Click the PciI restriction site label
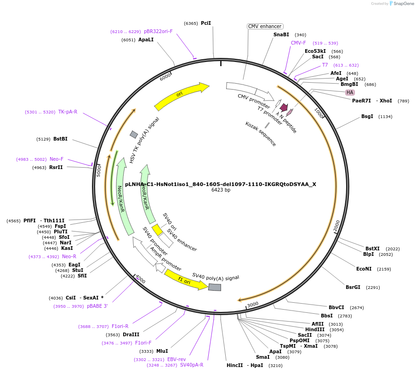206,23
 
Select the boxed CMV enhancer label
265,26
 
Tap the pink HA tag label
350,92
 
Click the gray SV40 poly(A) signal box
215,287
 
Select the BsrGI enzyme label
353,287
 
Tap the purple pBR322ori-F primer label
158,31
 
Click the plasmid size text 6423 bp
221,190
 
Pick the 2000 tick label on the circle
337,226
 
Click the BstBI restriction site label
60,139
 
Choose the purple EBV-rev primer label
177,359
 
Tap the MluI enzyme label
162,351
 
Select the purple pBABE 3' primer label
97,306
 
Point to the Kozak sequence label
261,134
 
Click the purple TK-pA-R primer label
68,112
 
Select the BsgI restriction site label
367,116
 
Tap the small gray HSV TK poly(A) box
134,134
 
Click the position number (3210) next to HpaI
275,365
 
